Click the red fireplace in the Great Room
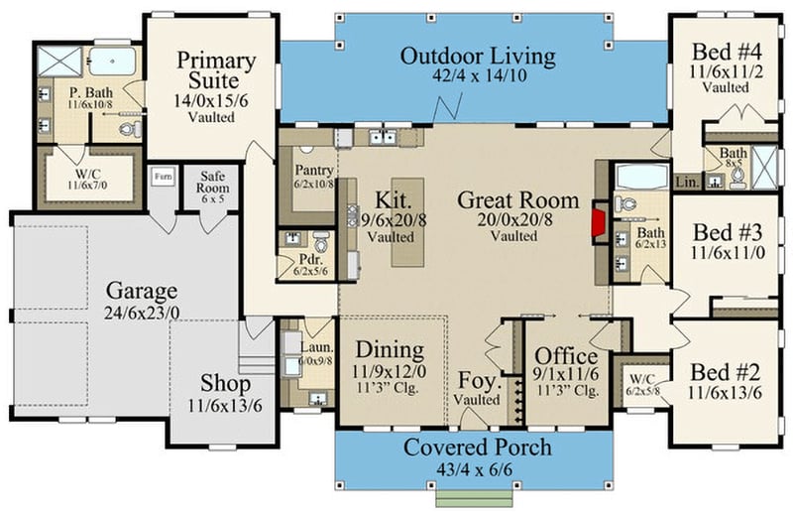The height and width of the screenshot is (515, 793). point(599,220)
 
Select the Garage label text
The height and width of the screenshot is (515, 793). point(143,291)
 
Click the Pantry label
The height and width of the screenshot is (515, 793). point(313,169)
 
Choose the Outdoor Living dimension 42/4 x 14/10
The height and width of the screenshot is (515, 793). point(478,74)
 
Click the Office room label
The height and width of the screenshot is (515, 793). point(566,356)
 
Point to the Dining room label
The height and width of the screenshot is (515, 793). point(390,350)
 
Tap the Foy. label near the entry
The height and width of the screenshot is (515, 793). point(478,380)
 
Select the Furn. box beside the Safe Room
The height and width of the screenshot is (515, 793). point(163,179)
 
